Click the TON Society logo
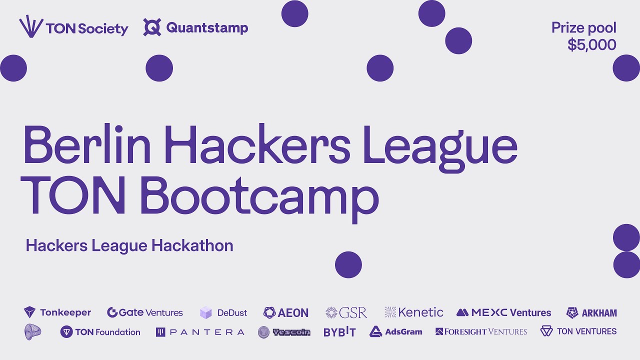[73, 28]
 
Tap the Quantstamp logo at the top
[195, 27]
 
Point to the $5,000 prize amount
[591, 45]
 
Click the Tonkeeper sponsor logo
[57, 312]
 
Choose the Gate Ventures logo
[145, 312]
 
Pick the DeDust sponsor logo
[223, 313]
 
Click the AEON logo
[286, 313]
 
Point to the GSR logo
[346, 313]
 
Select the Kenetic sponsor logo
[414, 312]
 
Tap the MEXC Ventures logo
[503, 312]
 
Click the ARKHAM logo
[591, 313]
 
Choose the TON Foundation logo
[100, 332]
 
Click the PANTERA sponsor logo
[200, 332]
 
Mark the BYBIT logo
[339, 332]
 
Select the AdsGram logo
[396, 332]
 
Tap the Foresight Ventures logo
[481, 331]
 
